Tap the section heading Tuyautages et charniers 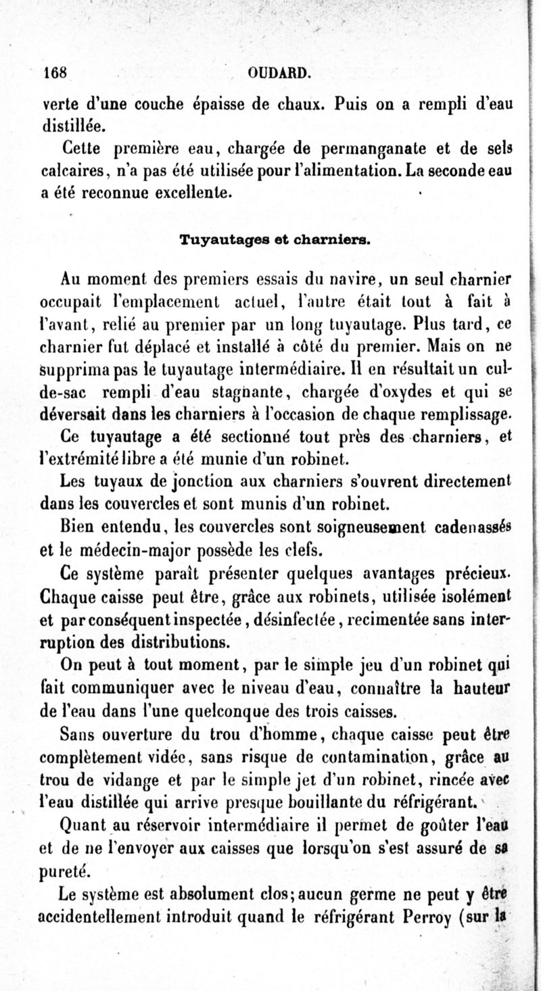click(274, 239)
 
